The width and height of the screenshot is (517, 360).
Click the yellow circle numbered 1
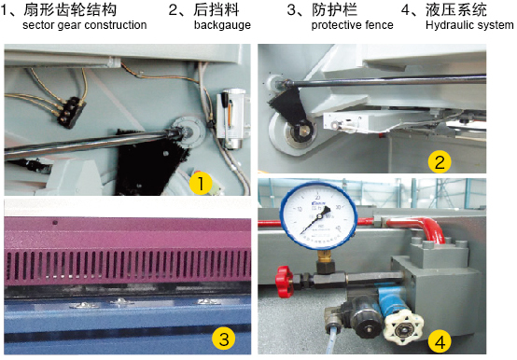point(201,184)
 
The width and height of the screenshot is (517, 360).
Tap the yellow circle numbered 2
point(440,161)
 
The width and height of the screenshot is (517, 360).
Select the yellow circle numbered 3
point(224,339)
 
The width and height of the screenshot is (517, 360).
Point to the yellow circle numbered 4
point(440,341)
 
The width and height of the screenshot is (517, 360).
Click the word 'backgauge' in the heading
point(222,25)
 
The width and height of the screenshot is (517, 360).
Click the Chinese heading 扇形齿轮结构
point(70,10)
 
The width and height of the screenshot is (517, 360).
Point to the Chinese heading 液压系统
point(456,10)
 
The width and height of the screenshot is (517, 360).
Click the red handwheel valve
point(285,282)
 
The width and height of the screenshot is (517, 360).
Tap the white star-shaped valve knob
point(402,328)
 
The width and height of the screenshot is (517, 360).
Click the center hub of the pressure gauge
point(319,216)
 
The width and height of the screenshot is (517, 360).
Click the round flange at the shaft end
point(189,132)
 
